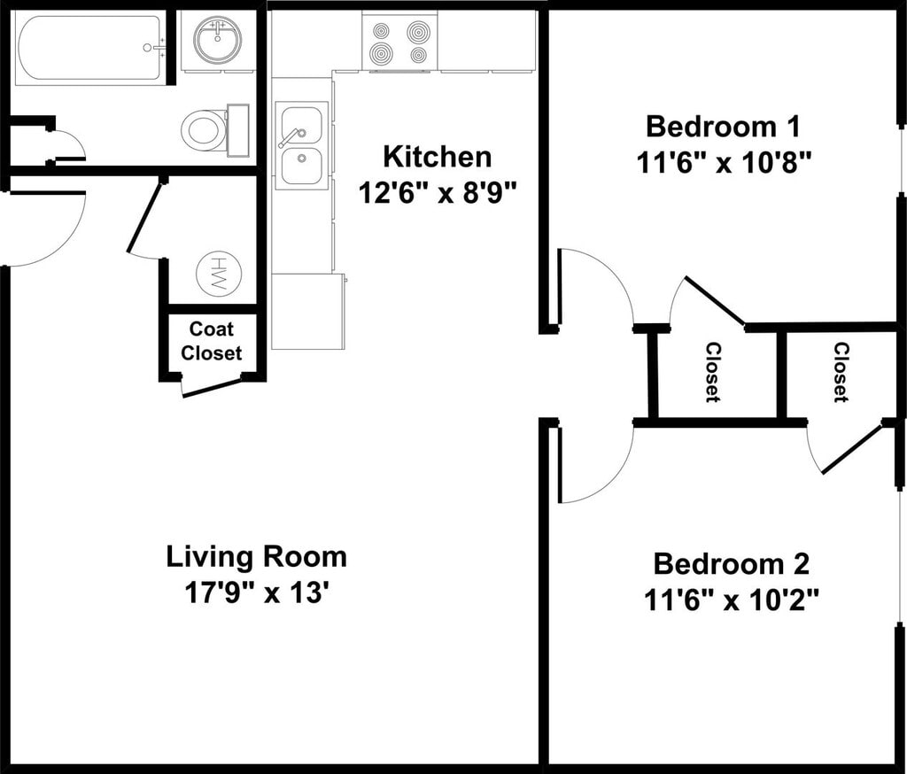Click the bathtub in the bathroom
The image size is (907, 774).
[89, 48]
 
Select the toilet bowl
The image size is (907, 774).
[203, 130]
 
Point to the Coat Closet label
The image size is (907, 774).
[211, 341]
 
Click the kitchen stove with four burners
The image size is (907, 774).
[399, 41]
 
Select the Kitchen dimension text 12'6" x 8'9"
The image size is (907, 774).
[438, 193]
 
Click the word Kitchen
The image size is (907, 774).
[438, 158]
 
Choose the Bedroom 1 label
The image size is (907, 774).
[723, 127]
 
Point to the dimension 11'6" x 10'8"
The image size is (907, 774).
[723, 163]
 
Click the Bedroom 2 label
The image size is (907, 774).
[731, 564]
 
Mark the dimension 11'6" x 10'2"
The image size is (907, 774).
[731, 600]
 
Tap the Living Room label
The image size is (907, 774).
[257, 557]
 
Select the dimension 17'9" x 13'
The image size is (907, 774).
[257, 593]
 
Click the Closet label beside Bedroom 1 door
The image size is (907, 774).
[713, 372]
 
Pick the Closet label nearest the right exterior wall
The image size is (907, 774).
[841, 372]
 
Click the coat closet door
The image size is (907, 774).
[212, 387]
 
